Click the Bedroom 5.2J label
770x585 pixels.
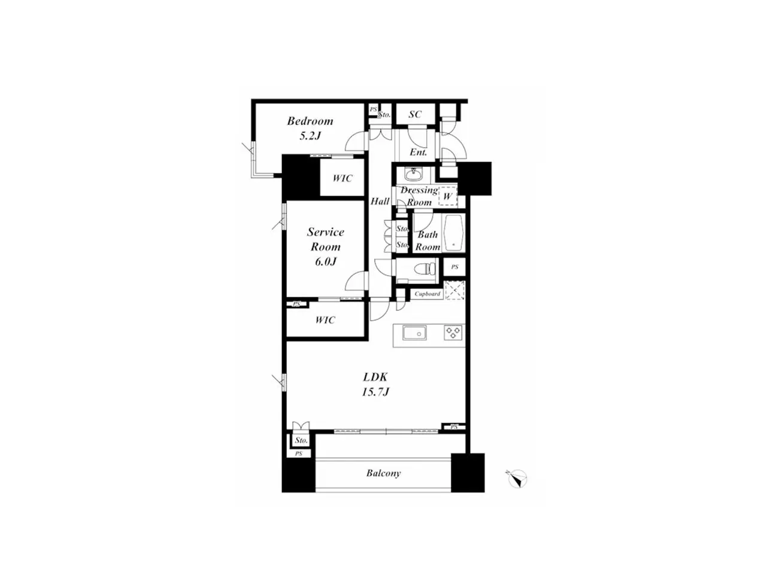tap(310, 128)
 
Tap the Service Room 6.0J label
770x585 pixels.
tap(325, 246)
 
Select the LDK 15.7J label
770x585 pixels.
tap(375, 384)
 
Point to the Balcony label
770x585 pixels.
tap(383, 474)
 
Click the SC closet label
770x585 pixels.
tap(415, 114)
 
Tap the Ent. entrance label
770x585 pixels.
tap(419, 152)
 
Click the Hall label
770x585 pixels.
tap(380, 202)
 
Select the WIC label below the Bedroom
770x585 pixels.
tap(342, 178)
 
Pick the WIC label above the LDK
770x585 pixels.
tap(325, 320)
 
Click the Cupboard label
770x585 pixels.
tap(427, 294)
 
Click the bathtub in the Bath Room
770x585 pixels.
tap(454, 233)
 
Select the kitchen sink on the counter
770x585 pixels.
tap(414, 333)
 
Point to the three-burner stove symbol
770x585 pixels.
tap(453, 333)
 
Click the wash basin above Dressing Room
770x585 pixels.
tap(414, 173)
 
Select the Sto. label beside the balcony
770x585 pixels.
tap(301, 440)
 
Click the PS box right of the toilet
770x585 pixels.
tap(454, 267)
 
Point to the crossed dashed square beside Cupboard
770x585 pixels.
tap(455, 290)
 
